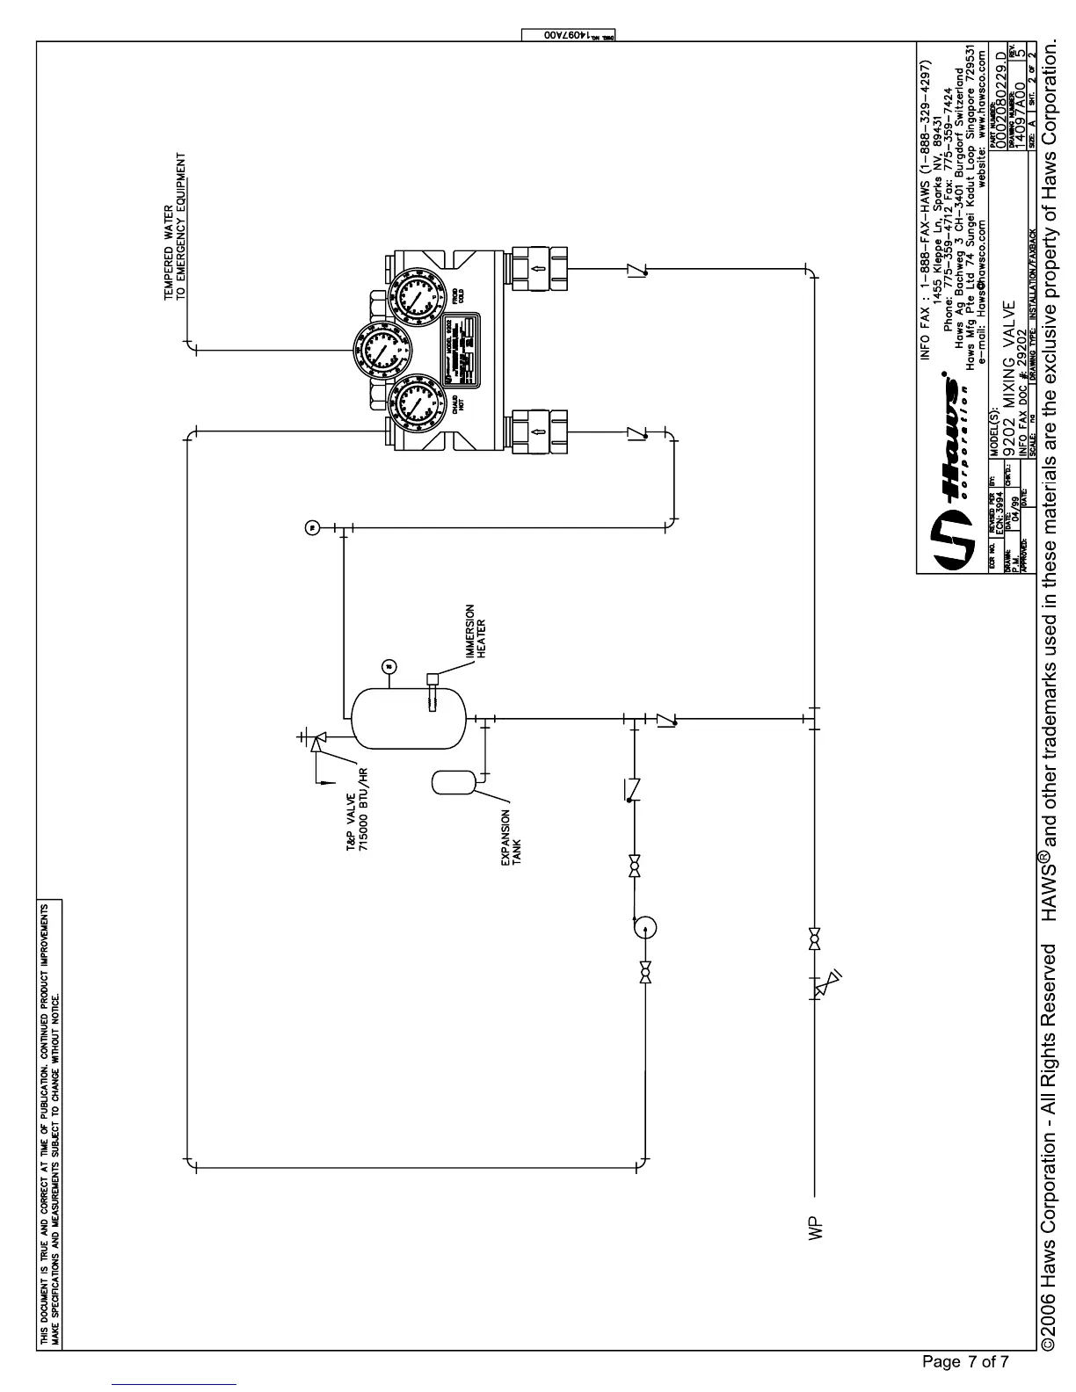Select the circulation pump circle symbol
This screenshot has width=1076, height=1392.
tap(644, 926)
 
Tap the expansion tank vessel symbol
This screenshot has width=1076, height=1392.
tap(454, 781)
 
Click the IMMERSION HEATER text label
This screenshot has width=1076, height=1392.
tap(475, 630)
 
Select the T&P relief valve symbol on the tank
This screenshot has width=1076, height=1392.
tap(316, 743)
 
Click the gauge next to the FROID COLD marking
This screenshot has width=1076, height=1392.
tap(410, 294)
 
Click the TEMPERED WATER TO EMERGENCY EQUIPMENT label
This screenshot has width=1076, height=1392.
tap(174, 227)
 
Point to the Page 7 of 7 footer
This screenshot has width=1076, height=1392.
tap(966, 1363)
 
